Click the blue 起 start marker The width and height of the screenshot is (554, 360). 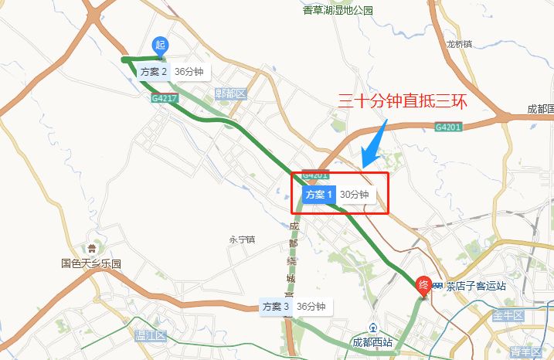click(160, 46)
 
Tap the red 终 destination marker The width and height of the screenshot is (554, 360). click(423, 285)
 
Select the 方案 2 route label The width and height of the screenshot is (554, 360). click(171, 72)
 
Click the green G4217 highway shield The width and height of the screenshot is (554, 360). click(165, 98)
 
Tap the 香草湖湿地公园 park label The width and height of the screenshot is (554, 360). click(338, 10)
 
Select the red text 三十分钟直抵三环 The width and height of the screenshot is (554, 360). click(403, 100)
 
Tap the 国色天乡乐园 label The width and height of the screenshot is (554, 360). click(92, 263)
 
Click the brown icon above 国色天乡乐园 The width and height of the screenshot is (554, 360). click(92, 249)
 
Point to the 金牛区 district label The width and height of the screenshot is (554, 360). click(508, 316)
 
